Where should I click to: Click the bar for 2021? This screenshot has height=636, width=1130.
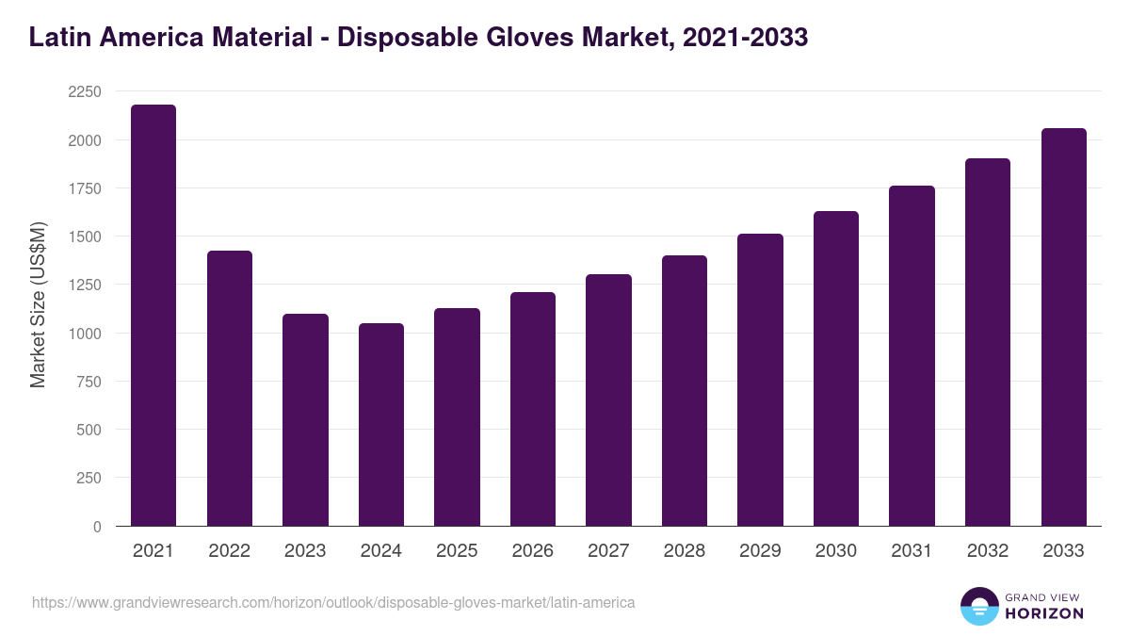pos(153,315)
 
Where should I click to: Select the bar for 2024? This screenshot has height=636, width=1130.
pos(381,424)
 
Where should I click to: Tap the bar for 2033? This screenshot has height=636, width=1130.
pos(1064,327)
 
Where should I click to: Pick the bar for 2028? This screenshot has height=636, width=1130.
pos(685,390)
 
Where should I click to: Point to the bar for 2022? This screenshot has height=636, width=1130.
pos(230,388)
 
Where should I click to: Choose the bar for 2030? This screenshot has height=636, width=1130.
pos(836,368)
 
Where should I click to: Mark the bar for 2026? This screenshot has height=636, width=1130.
pos(533,409)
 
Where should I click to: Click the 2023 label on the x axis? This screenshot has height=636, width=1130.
pos(305,551)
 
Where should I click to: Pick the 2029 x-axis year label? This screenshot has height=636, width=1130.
pos(760,551)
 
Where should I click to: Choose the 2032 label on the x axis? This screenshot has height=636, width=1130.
pos(988,551)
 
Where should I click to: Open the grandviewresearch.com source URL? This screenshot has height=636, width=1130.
pos(333,602)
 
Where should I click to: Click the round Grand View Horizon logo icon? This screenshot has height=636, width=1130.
pos(978,606)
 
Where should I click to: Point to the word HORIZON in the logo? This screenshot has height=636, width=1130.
pos(1043,613)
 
